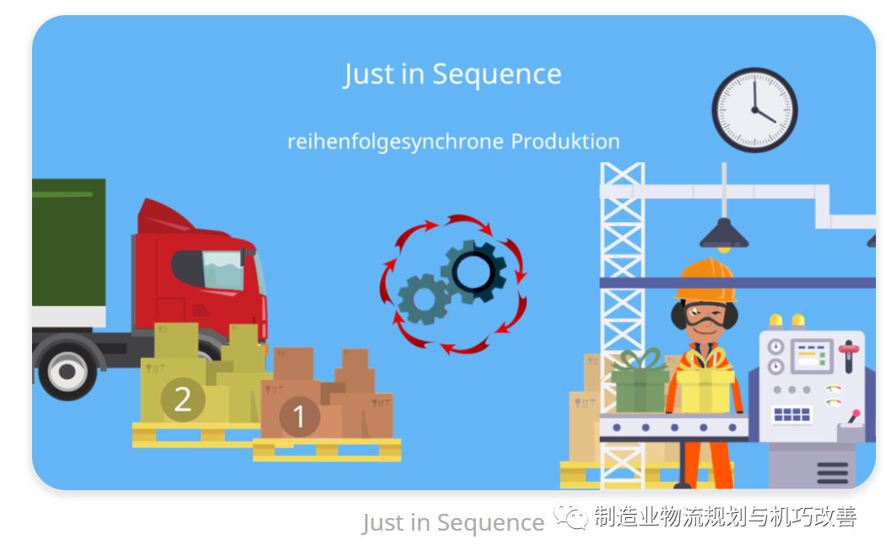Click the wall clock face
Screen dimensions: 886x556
[754, 111]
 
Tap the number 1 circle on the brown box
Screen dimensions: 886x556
[300, 417]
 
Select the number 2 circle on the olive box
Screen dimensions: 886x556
[182, 399]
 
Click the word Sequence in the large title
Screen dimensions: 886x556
[497, 74]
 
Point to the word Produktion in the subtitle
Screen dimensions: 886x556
[565, 141]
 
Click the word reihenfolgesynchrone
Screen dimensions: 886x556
[396, 142]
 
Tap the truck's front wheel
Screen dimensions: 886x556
[68, 371]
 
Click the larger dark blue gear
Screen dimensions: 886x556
[473, 272]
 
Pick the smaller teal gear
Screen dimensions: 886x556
[424, 300]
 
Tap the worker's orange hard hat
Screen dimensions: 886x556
[705, 280]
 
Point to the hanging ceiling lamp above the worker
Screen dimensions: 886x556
[724, 235]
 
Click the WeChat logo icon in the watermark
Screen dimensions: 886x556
[570, 516]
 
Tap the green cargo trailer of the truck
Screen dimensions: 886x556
[68, 243]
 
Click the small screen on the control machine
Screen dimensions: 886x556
[812, 356]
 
